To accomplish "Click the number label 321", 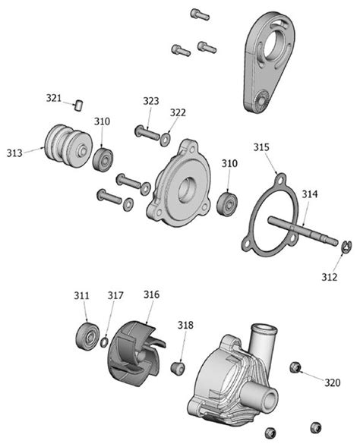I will point(53,98).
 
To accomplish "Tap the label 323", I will point(150,101).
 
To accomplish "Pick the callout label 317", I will point(115,295).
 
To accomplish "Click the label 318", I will point(185,326).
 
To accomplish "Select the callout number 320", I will point(333,382).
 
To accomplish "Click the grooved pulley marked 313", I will point(64,145).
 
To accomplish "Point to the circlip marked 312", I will point(346,245).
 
